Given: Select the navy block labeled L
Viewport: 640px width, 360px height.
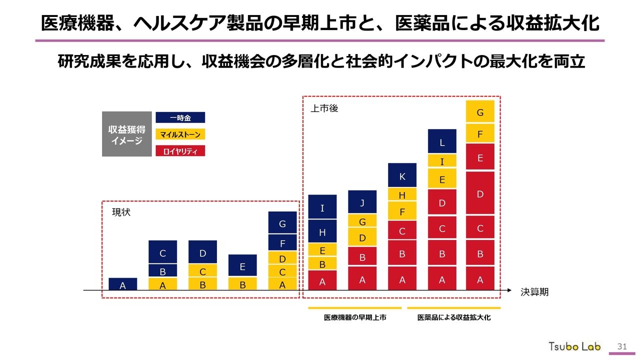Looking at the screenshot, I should pos(442,141).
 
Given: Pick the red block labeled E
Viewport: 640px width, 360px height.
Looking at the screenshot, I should pos(480,157).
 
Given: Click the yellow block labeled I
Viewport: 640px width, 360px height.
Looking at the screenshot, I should pos(442,161).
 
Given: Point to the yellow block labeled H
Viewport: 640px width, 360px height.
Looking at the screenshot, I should pos(402,194).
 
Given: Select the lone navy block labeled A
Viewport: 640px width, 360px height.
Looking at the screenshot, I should pos(122,284).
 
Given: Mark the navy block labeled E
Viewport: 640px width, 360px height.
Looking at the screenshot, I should pos(242,265).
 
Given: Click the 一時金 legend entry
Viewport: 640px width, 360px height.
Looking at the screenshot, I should pos(180,117).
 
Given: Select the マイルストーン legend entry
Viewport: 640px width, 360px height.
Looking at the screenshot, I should pos(180,134).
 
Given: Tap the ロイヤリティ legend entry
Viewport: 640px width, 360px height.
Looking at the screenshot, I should pos(180,151).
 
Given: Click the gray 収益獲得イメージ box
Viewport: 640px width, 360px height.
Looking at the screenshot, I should pos(126,134).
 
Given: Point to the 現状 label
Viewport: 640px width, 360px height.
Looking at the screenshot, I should pos(121,212).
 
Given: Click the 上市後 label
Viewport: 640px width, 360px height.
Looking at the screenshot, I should pos(324,108).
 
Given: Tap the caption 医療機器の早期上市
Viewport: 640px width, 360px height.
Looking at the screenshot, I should pos(355,318).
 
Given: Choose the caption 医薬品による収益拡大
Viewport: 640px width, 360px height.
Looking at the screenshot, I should pos(454,318).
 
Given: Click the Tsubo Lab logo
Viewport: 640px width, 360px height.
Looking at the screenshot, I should pos(574,346).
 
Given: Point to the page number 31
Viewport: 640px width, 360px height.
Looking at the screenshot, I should pos(622,346).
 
